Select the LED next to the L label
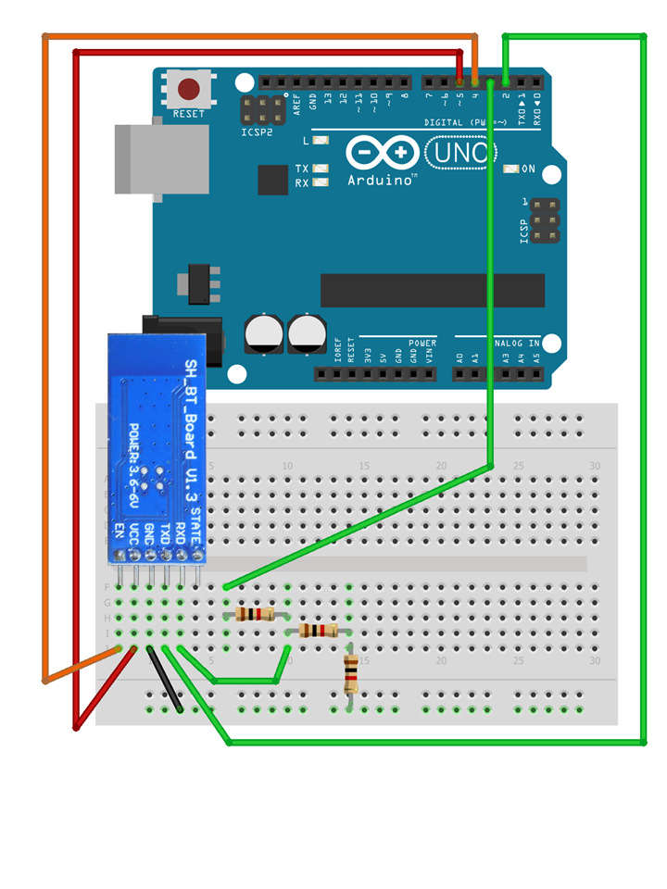pos(321,141)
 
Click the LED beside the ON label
pos(510,169)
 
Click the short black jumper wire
pos(165,681)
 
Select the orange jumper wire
pos(44,370)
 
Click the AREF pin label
pos(297,103)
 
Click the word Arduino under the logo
pos(381,181)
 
